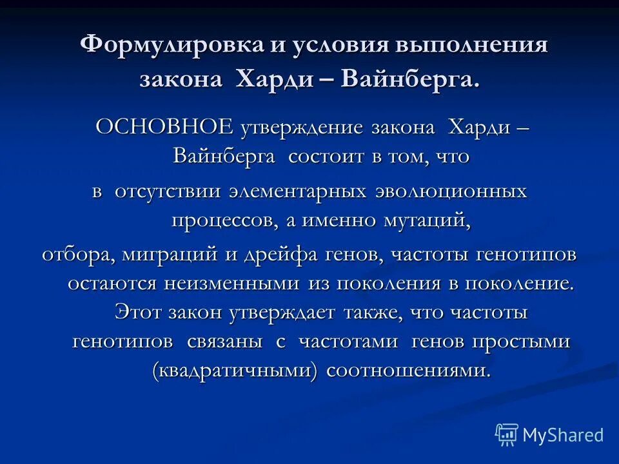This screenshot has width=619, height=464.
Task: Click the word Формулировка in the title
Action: pyautogui.click(x=164, y=47)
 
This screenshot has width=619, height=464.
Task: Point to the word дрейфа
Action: pyautogui.click(x=282, y=255)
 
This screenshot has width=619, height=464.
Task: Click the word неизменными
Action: pyautogui.click(x=235, y=284)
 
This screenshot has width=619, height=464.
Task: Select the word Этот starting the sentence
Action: pyautogui.click(x=139, y=313)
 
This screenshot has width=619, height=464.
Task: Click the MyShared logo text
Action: pyautogui.click(x=562, y=435)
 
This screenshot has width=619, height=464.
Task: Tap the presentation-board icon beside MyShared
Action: pyautogui.click(x=507, y=435)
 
